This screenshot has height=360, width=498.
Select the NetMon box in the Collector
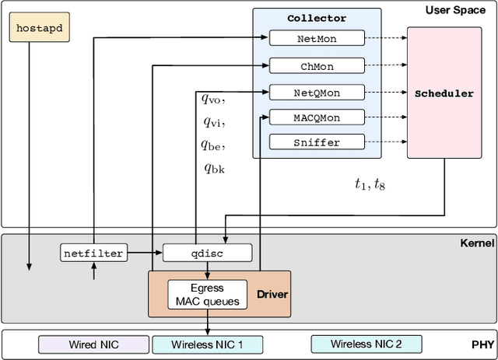[317, 38]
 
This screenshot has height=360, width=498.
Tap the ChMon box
[317, 66]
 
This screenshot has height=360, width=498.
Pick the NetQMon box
[317, 93]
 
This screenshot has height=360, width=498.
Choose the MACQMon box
[317, 118]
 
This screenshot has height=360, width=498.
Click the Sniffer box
[317, 142]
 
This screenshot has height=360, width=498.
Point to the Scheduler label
[444, 93]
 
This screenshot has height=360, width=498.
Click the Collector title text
[317, 18]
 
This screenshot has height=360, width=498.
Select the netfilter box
[93, 253]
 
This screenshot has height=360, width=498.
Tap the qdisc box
[208, 253]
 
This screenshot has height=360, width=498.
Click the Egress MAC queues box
[207, 294]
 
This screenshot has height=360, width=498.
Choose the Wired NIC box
[92, 344]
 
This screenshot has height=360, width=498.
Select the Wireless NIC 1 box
[207, 344]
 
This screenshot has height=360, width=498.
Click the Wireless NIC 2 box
[366, 344]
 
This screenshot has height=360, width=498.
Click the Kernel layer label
[476, 243]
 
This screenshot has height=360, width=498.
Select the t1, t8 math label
[370, 184]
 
